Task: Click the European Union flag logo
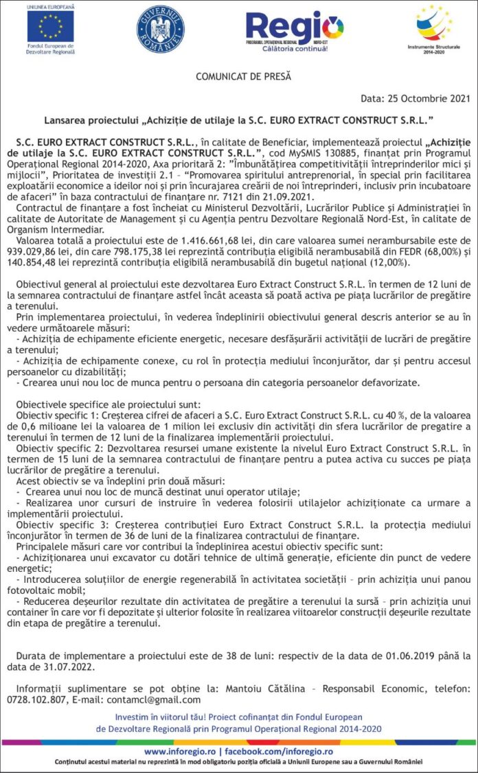50,27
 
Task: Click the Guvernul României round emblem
161,29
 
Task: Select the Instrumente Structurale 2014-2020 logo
434,26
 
